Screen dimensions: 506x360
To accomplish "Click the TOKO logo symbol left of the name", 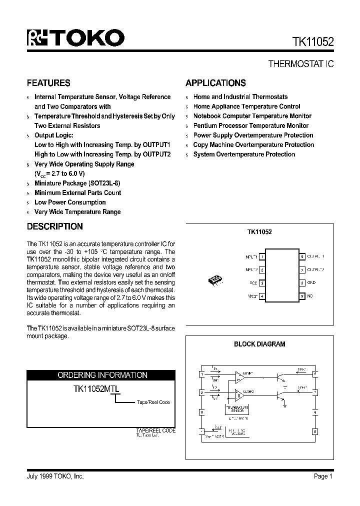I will [x=36, y=38].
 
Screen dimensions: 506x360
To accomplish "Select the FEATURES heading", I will [x=48, y=83].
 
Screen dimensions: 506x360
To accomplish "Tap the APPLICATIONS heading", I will [x=215, y=83].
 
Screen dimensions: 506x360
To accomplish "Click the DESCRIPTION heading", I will [x=54, y=226].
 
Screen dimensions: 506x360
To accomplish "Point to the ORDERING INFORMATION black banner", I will [x=102, y=375].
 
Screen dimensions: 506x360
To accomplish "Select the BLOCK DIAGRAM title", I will [x=259, y=344].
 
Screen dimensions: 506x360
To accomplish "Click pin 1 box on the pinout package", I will [x=262, y=256].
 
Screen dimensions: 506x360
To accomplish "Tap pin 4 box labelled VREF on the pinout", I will [x=262, y=296].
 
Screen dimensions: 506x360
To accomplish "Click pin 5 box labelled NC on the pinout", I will [x=301, y=296].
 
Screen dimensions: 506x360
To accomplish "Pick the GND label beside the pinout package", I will [x=311, y=283].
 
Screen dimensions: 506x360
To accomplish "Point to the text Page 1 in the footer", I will [x=323, y=476].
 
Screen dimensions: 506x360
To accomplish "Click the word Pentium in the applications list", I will [x=204, y=125].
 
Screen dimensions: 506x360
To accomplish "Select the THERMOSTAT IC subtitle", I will [x=301, y=64].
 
